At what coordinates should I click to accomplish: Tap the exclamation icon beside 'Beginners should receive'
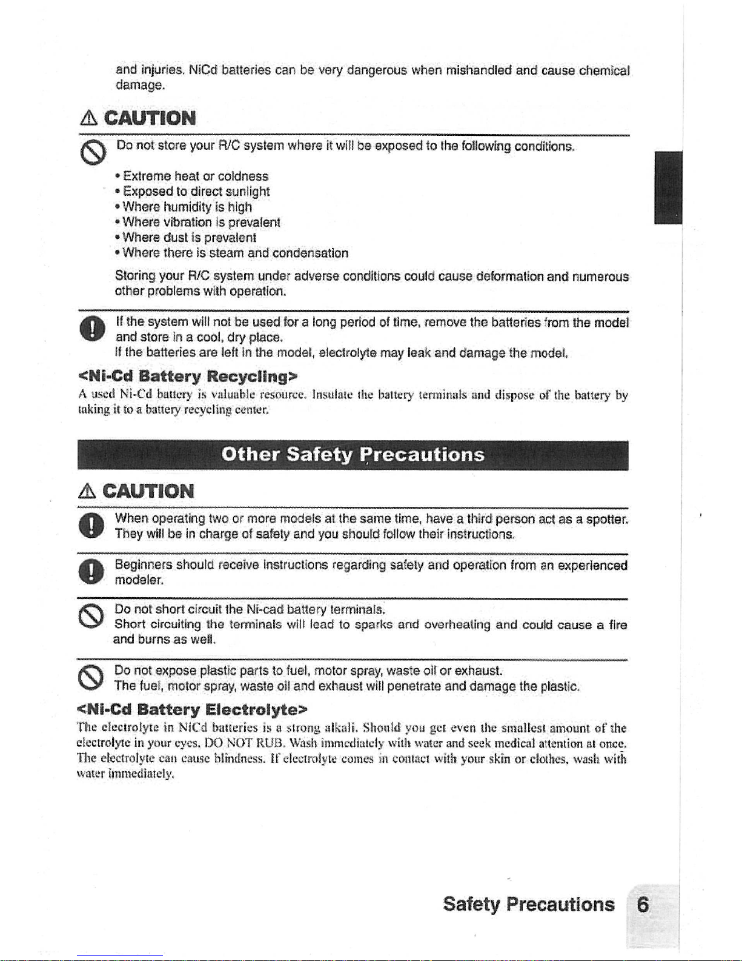point(88,571)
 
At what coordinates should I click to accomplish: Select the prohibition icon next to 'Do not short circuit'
point(88,617)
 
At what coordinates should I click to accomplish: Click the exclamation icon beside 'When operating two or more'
point(88,525)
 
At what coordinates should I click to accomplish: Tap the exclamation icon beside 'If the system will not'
point(88,328)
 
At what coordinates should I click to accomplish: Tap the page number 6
point(643,905)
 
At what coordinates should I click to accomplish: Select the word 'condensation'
point(310,252)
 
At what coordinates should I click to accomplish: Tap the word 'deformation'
point(510,276)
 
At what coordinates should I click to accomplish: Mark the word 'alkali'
point(343,728)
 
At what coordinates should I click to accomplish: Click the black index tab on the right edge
point(668,187)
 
